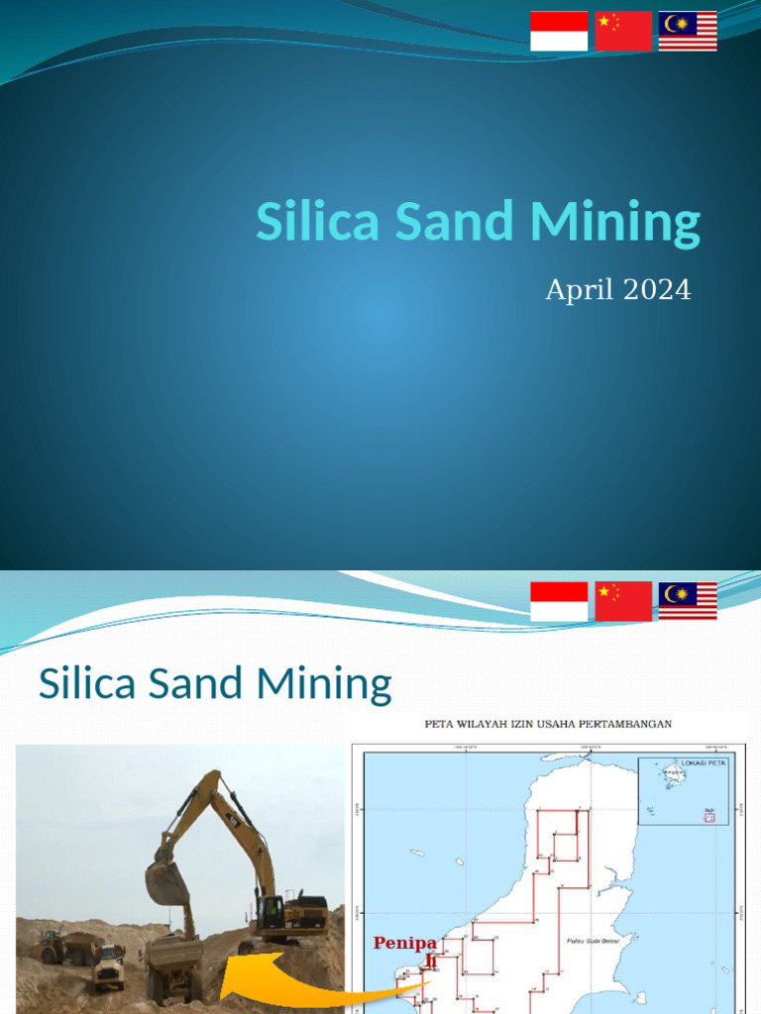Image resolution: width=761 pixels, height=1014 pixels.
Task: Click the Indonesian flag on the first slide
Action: tap(559, 31)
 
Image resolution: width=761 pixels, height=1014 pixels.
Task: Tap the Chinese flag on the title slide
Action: tap(623, 31)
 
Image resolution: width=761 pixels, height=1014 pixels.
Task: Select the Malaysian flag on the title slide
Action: tap(688, 31)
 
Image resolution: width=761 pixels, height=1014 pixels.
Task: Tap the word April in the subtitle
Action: tap(578, 291)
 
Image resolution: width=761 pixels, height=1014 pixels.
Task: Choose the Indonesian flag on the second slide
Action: tap(559, 601)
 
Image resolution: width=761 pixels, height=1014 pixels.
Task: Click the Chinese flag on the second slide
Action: tap(623, 601)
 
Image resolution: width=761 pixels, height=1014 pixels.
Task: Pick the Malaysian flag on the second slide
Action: tap(688, 601)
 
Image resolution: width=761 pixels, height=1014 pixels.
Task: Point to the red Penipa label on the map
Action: tap(405, 944)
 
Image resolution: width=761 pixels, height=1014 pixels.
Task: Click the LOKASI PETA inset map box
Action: tap(683, 790)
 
